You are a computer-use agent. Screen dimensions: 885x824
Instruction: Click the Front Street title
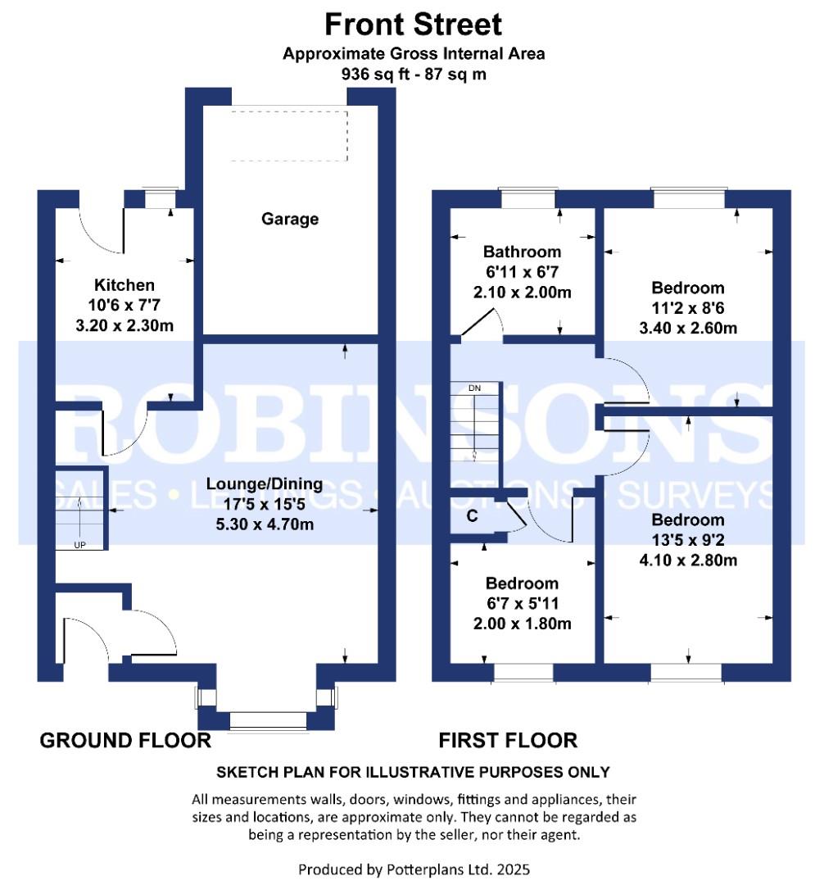tap(413, 24)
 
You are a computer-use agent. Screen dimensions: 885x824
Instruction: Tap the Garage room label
tap(290, 220)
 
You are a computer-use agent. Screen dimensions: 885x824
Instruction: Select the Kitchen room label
tap(125, 285)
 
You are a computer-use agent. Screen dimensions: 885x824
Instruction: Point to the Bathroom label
tap(522, 252)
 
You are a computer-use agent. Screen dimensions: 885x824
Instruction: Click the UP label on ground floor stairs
tap(79, 545)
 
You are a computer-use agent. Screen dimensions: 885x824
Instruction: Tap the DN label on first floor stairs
tap(474, 388)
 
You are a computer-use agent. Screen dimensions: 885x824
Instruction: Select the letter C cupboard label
tap(472, 516)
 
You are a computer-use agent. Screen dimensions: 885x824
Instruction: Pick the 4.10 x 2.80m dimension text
tap(687, 560)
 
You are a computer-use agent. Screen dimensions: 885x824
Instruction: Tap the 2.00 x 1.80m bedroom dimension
tap(522, 624)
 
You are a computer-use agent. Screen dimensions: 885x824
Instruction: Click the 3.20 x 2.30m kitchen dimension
tap(125, 325)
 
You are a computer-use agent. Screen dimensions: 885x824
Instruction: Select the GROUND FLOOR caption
tap(125, 741)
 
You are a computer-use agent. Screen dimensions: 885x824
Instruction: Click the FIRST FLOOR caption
tap(508, 741)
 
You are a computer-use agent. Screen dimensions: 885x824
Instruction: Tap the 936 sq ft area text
tap(413, 73)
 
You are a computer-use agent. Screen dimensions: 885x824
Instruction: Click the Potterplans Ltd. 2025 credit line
tap(419, 869)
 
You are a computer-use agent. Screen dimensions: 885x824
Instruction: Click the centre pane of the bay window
tap(269, 720)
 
